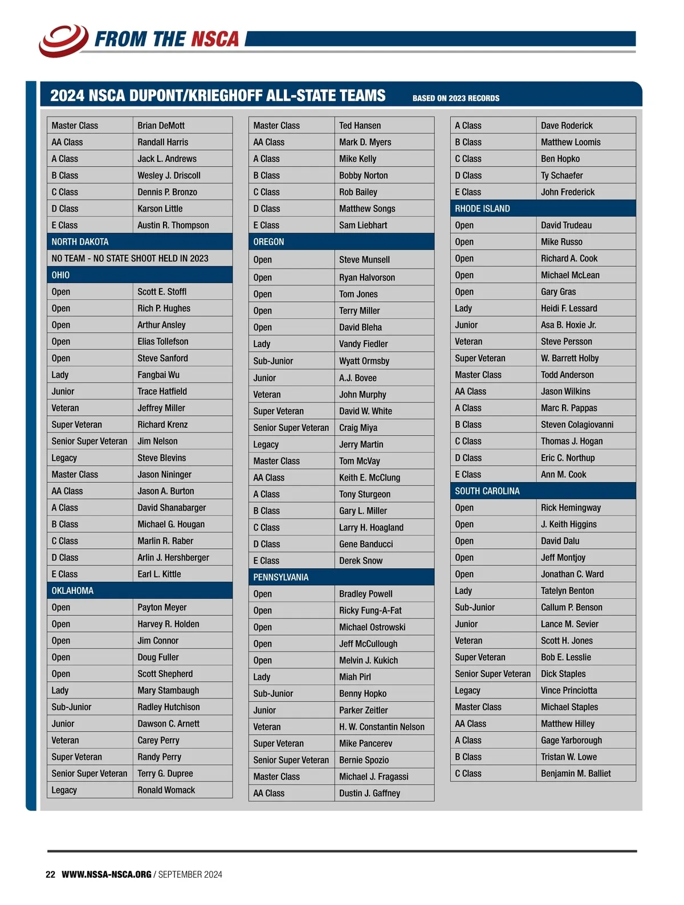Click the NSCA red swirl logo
63,40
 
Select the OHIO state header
61,275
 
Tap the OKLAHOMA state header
72,591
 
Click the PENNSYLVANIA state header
281,577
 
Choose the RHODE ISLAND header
482,209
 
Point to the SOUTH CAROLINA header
487,491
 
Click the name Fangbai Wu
158,375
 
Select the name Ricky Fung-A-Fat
370,610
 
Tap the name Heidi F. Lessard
569,308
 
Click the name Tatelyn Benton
567,591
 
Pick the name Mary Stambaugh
168,691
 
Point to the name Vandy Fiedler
363,344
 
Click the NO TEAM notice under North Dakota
130,259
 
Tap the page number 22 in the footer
50,875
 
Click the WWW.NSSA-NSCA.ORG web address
107,875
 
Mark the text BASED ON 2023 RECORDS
456,99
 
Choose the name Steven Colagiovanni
577,425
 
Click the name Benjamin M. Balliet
576,774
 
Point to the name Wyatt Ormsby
364,361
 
